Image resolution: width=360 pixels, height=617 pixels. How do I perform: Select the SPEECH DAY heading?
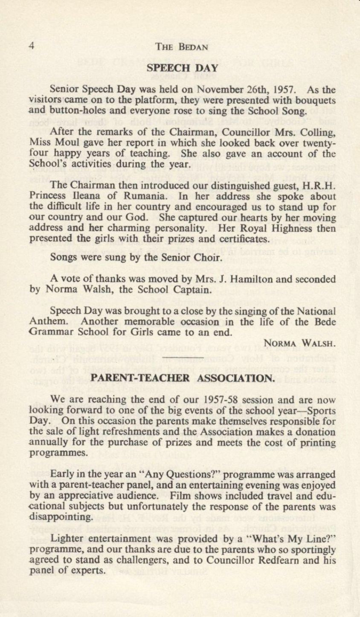click(182, 68)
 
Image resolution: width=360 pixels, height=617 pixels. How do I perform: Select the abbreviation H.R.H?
click(321, 185)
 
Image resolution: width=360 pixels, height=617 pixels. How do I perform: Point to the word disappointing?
click(60, 517)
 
